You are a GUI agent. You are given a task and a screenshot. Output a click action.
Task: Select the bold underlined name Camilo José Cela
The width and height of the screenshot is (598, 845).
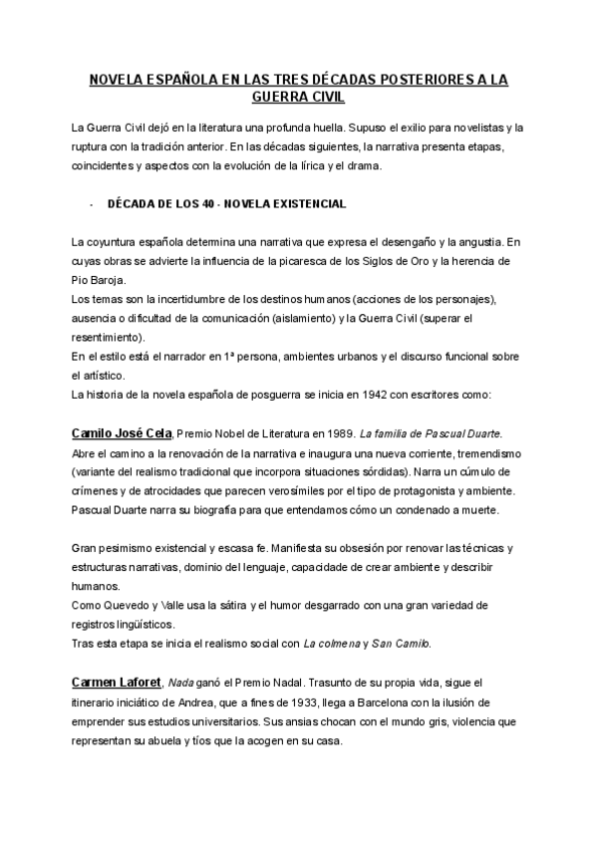(123, 433)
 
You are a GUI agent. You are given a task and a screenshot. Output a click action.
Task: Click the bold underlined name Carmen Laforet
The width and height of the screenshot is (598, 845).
(116, 682)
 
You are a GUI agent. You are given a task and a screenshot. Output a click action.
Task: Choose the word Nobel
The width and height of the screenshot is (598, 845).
(233, 434)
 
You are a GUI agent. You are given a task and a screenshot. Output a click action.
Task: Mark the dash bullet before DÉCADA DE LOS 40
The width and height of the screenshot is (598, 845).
(91, 204)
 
